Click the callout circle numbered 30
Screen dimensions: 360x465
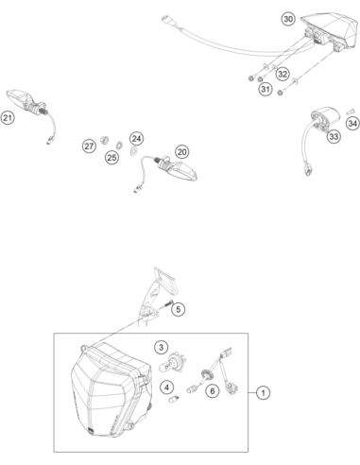click(x=288, y=19)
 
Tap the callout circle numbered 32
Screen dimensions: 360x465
click(x=283, y=74)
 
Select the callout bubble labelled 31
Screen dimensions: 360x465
click(x=266, y=89)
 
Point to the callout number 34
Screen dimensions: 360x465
click(x=352, y=123)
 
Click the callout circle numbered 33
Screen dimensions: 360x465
click(x=334, y=137)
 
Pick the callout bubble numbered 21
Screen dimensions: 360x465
click(x=8, y=118)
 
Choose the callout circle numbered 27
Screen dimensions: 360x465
click(x=89, y=146)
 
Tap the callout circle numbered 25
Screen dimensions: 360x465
click(x=112, y=157)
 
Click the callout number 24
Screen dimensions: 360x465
click(x=136, y=139)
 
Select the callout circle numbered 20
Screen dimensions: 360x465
click(x=181, y=152)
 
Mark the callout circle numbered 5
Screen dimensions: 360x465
click(x=179, y=309)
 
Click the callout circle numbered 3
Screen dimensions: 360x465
click(x=161, y=348)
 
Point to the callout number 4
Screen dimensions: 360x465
click(x=166, y=387)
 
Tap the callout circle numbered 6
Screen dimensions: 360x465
click(x=213, y=391)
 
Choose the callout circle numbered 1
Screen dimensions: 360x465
click(x=263, y=393)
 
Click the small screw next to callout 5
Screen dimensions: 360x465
click(x=168, y=303)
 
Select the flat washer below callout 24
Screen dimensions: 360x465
click(x=133, y=150)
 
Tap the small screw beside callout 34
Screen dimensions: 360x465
click(x=350, y=112)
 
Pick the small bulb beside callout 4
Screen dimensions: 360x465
click(x=174, y=400)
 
